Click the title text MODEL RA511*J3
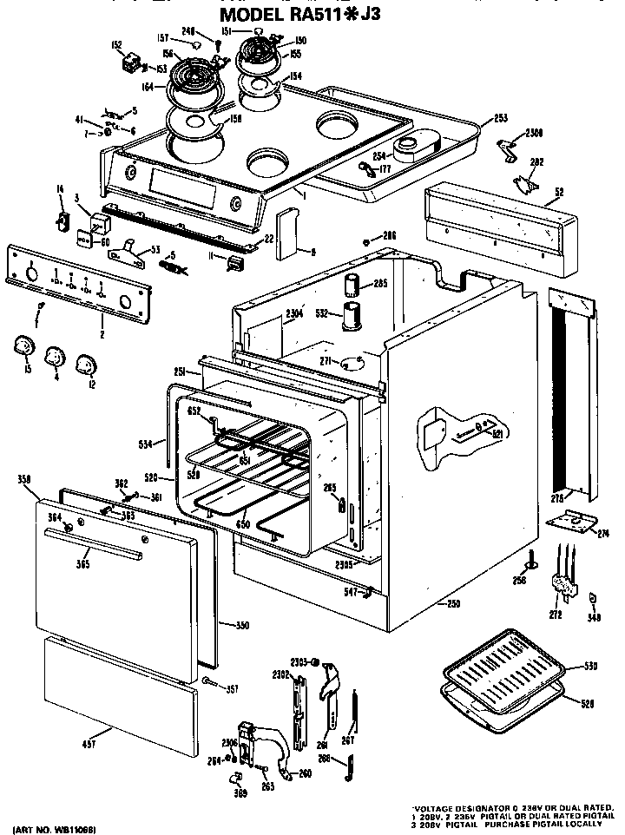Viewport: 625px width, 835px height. [x=299, y=15]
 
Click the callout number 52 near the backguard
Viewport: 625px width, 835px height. [x=558, y=193]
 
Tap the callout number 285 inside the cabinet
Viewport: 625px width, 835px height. [x=378, y=282]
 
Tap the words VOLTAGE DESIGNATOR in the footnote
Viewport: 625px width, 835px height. [x=452, y=806]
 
